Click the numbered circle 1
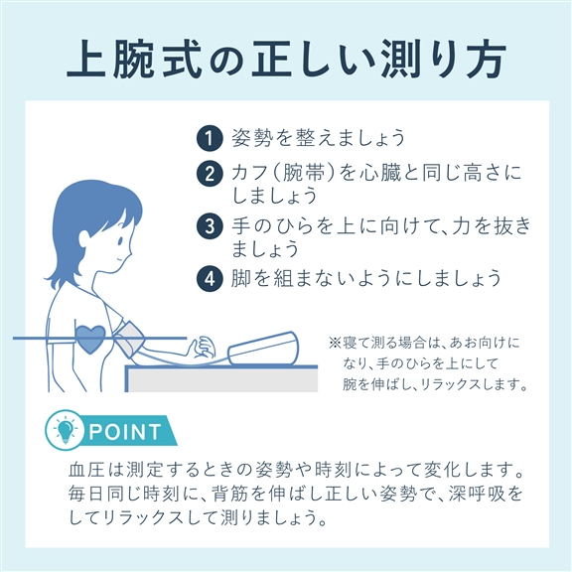pyautogui.click(x=210, y=138)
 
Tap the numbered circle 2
pyautogui.click(x=210, y=174)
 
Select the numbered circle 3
pyautogui.click(x=210, y=226)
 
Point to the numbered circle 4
pyautogui.click(x=210, y=279)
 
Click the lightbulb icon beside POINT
pyautogui.click(x=65, y=430)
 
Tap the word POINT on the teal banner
pyautogui.click(x=125, y=432)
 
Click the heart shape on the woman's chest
pyautogui.click(x=90, y=340)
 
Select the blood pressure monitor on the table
pyautogui.click(x=263, y=348)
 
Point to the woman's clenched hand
pyautogui.click(x=203, y=347)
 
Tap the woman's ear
pyautogui.click(x=84, y=238)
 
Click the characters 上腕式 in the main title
pyautogui.click(x=134, y=59)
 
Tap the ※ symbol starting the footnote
pyautogui.click(x=335, y=343)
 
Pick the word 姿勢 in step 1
pyautogui.click(x=252, y=138)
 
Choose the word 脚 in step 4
pyautogui.click(x=241, y=278)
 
